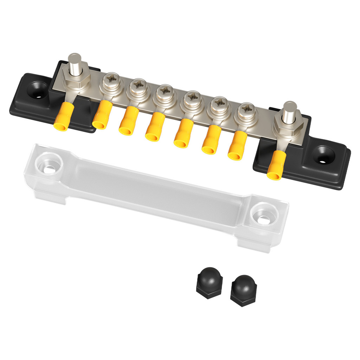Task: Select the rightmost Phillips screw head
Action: pyautogui.click(x=246, y=110)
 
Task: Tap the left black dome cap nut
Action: pyautogui.click(x=209, y=282)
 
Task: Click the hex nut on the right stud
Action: pyautogui.click(x=288, y=126)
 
